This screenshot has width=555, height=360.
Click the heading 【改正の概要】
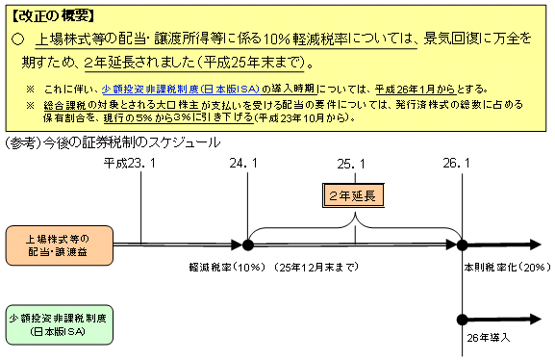(x=49, y=16)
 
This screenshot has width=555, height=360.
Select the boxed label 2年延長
(x=355, y=195)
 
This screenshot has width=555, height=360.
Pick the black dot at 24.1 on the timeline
(x=248, y=244)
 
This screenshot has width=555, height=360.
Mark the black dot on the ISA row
(x=463, y=320)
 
